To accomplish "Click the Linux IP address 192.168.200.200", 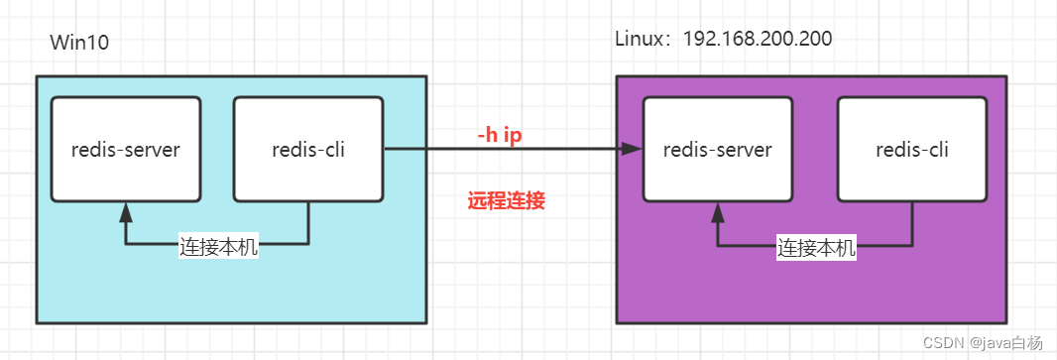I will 758,39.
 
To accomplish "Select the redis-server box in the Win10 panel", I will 126,149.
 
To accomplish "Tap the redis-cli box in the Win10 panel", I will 307,149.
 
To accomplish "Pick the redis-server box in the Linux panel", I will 717,149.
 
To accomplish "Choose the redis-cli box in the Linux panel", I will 912,149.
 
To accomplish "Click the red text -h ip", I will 500,135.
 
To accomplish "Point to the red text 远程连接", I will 506,201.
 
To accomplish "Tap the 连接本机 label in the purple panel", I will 815,249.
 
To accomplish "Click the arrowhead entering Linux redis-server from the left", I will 632,150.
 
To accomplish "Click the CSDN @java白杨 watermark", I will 982,342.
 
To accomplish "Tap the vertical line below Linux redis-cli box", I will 912,222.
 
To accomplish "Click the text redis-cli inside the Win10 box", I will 307,150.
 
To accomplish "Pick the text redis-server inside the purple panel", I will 717,150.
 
